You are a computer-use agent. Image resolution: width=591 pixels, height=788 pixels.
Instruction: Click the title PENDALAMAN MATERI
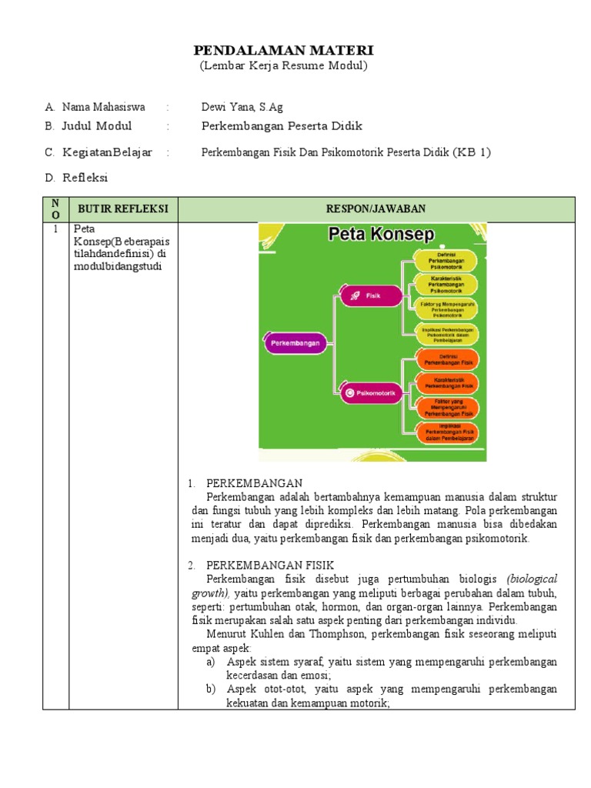coord(283,50)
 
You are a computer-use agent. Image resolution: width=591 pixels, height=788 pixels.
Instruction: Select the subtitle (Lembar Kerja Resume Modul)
coord(283,65)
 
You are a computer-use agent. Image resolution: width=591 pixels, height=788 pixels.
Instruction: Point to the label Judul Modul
coord(97,126)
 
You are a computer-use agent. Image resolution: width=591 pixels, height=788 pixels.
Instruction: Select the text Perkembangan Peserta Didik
coord(282,126)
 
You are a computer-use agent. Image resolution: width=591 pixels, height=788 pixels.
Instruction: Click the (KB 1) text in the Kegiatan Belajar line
coord(472,152)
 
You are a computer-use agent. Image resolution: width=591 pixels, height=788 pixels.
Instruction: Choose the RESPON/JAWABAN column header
coord(376,209)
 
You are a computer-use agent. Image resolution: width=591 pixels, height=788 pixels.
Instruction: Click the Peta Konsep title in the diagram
coord(381,234)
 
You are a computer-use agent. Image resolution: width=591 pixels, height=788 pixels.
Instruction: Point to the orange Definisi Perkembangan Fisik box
coord(447,359)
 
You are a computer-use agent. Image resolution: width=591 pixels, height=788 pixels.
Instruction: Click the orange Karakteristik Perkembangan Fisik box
coord(447,382)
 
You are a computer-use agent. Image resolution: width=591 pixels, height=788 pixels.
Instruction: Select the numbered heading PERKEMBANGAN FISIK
coord(260,565)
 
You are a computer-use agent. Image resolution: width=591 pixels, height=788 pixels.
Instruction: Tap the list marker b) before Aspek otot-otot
coord(211,688)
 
